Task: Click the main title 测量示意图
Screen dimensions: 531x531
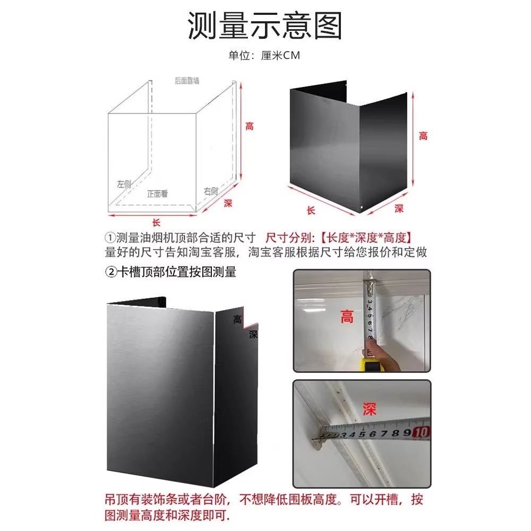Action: (x=265, y=25)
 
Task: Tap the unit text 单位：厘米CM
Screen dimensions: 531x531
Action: (x=264, y=56)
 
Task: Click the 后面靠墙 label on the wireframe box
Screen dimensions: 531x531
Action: (x=187, y=81)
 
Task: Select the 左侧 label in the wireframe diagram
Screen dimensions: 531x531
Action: (x=124, y=184)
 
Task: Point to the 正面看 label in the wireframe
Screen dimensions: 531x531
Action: (x=157, y=194)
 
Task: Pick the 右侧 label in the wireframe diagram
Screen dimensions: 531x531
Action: (x=211, y=191)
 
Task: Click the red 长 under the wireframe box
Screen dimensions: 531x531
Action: (x=156, y=222)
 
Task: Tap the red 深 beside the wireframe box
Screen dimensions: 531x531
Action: (x=228, y=203)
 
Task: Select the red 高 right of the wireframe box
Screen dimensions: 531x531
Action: (x=249, y=126)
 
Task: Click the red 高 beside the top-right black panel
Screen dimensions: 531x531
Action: (x=423, y=136)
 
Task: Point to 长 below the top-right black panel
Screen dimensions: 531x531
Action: (x=311, y=210)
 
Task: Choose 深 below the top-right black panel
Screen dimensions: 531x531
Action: (x=399, y=209)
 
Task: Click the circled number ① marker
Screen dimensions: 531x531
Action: (x=110, y=237)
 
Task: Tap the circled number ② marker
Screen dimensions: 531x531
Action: (x=110, y=272)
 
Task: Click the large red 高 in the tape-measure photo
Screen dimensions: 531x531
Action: (x=347, y=318)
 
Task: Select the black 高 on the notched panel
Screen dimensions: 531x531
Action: (x=237, y=320)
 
